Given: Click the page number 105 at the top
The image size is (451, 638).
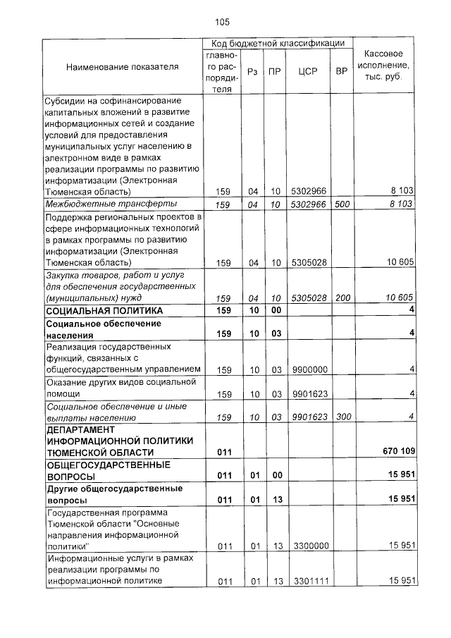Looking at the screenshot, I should pyautogui.click(x=223, y=23).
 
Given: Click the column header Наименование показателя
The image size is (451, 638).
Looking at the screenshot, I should pyautogui.click(x=123, y=67).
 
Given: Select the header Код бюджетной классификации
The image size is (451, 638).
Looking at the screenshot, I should pyautogui.click(x=278, y=44).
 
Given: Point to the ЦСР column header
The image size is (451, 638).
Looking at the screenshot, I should pyautogui.click(x=307, y=72).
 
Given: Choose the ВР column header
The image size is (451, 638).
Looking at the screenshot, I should pyautogui.click(x=342, y=72).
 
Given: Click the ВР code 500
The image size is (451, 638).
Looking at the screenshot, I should pyautogui.click(x=342, y=204).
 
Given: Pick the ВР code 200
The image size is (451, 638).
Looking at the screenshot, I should pyautogui.click(x=342, y=298).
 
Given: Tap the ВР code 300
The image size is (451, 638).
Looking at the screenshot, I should pyautogui.click(x=342, y=417).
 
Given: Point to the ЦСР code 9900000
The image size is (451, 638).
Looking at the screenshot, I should pyautogui.click(x=309, y=369).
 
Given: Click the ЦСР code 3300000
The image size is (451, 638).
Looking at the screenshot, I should pyautogui.click(x=309, y=546).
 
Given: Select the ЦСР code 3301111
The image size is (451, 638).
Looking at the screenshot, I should pyautogui.click(x=309, y=581).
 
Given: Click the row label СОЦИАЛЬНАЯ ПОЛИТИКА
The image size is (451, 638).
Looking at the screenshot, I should pyautogui.click(x=104, y=311).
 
